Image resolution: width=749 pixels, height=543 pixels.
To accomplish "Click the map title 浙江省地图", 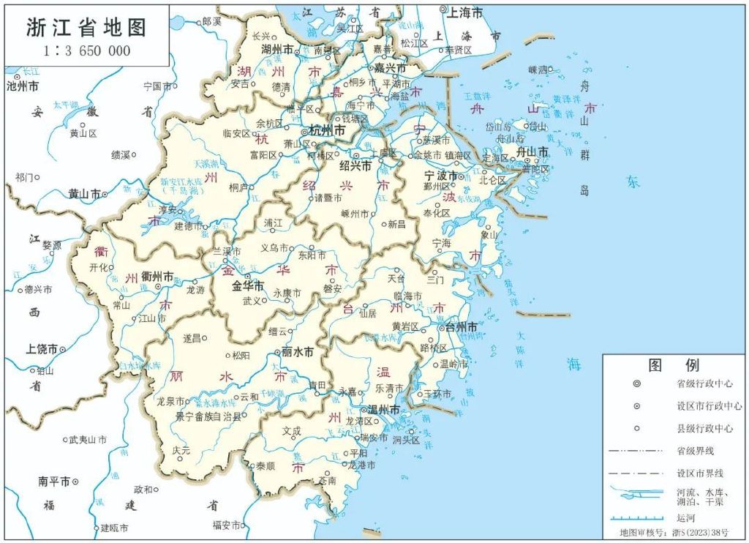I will [86, 27].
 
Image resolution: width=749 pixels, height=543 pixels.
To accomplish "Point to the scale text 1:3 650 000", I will [86, 50].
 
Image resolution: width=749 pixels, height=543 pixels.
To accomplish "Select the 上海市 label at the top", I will [465, 12].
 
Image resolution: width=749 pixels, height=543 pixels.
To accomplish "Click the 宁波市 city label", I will [442, 176].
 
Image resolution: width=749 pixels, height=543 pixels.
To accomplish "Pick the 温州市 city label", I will [383, 411].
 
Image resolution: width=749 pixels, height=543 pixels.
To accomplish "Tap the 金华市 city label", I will [247, 286].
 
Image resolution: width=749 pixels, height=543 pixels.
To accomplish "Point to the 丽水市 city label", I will [298, 352].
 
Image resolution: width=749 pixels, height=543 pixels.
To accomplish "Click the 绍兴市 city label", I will [355, 166].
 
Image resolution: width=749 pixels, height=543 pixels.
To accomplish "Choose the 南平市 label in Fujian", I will [56, 482].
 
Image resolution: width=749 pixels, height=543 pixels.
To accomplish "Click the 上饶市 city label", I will [42, 349].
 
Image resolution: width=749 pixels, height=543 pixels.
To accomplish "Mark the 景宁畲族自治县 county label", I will [208, 416].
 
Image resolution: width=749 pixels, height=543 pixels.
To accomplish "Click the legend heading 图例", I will [674, 365].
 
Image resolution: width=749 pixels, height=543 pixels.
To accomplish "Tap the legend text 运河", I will [685, 517].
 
